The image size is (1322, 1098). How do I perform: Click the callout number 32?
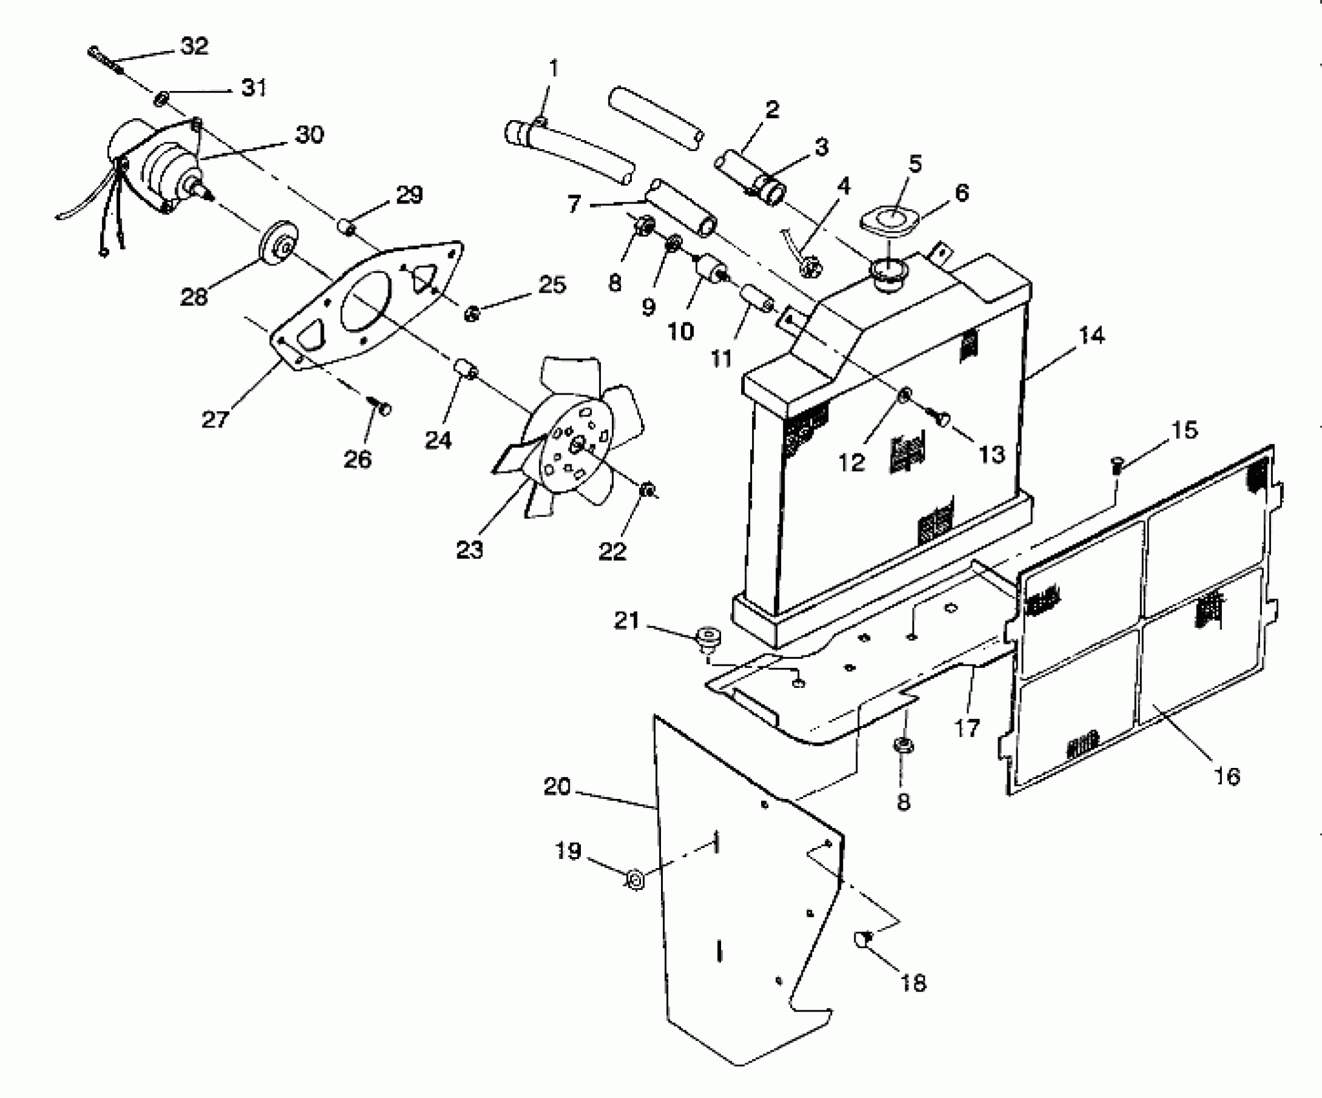pyautogui.click(x=194, y=47)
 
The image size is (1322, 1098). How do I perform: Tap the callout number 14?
pyautogui.click(x=1091, y=336)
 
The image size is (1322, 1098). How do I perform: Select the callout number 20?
pyautogui.click(x=557, y=787)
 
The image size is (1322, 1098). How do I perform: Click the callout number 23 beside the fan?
pyautogui.click(x=469, y=550)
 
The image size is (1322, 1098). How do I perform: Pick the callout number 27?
pyautogui.click(x=215, y=419)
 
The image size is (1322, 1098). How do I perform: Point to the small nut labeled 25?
pyautogui.click(x=472, y=315)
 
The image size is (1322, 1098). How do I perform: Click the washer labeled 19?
pyautogui.click(x=635, y=880)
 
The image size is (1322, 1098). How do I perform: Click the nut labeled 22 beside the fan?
pyautogui.click(x=645, y=492)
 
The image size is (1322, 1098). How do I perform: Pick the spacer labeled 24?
pyautogui.click(x=467, y=369)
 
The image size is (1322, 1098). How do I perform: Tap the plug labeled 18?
pyautogui.click(x=865, y=938)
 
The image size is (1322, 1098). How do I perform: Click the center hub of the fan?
pyautogui.click(x=577, y=443)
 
